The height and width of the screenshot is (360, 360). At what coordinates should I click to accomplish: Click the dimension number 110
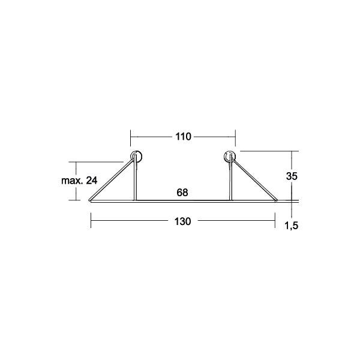pyautogui.click(x=183, y=137)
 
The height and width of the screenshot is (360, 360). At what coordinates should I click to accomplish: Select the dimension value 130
pyautogui.click(x=183, y=221)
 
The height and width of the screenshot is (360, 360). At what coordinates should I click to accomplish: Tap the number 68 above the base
pyautogui.click(x=183, y=193)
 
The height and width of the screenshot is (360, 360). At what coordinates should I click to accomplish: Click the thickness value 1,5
pyautogui.click(x=292, y=226)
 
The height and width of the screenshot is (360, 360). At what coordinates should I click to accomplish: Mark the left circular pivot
pyautogui.click(x=137, y=157)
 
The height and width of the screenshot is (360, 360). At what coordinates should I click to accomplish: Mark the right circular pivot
pyautogui.click(x=230, y=157)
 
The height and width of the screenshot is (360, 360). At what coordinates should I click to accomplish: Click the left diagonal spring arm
pyautogui.click(x=112, y=181)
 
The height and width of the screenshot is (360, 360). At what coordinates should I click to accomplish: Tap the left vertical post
pyautogui.click(x=134, y=183)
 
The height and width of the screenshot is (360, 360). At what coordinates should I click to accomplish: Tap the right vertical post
pyautogui.click(x=231, y=183)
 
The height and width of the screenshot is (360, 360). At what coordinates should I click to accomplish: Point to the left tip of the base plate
pyautogui.click(x=91, y=202)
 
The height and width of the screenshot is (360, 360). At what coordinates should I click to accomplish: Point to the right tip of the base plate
pyautogui.click(x=276, y=202)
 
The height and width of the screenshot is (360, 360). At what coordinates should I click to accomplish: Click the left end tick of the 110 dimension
pyautogui.click(x=131, y=137)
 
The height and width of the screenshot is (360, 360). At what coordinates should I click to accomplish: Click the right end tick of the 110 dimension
pyautogui.click(x=235, y=137)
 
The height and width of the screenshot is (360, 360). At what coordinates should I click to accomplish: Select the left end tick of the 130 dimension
pyautogui.click(x=91, y=221)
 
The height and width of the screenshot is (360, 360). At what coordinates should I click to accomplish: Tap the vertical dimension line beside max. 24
pyautogui.click(x=77, y=181)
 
